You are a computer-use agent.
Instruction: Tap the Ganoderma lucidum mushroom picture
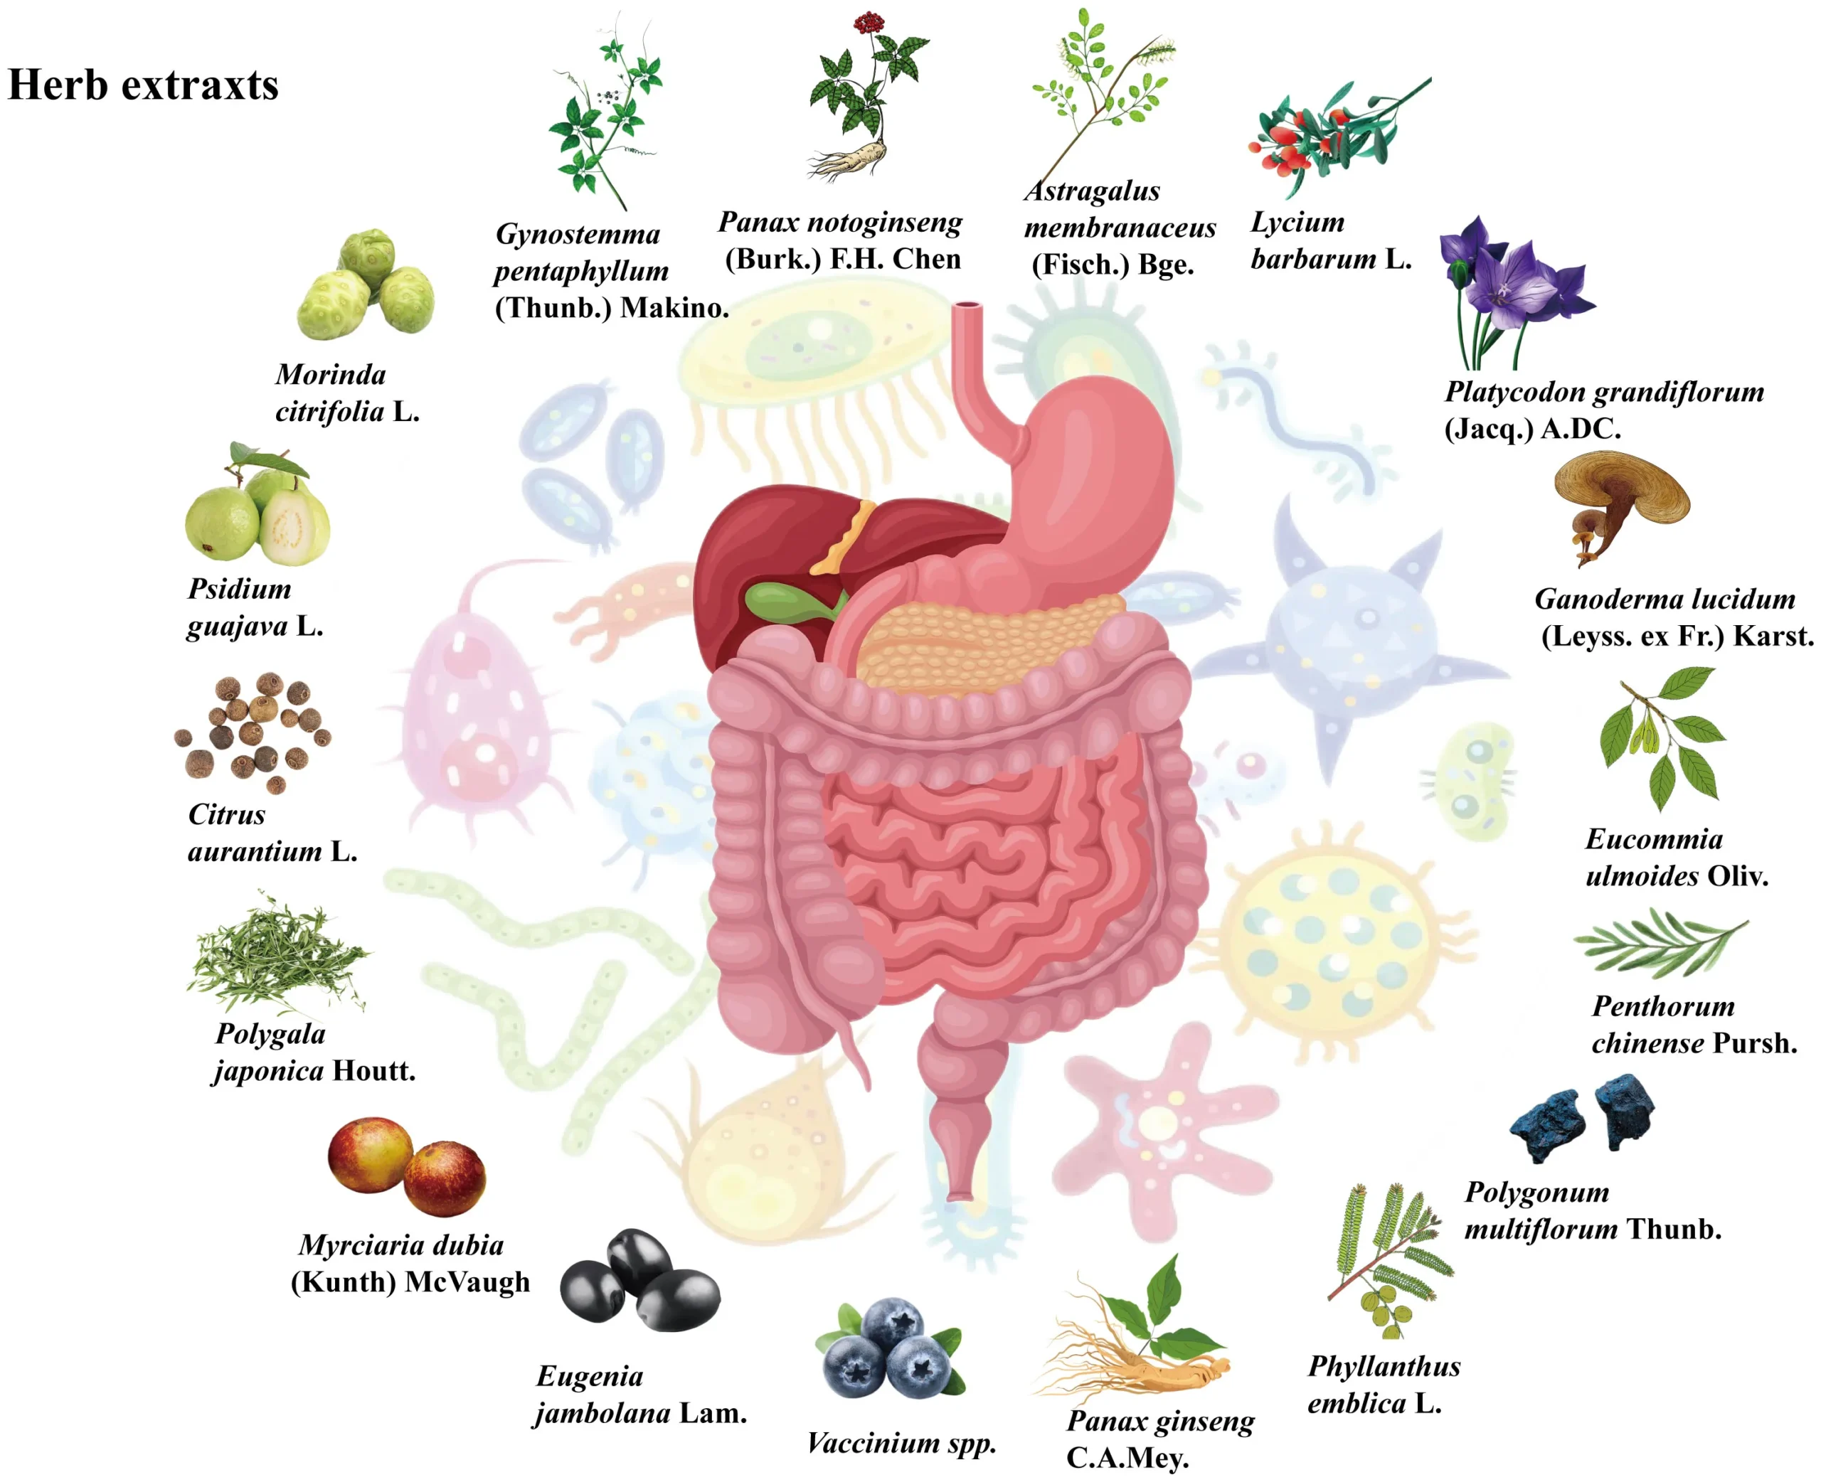click(x=1620, y=503)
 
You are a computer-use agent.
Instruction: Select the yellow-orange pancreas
click(x=982, y=640)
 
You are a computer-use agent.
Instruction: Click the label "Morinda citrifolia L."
click(x=346, y=393)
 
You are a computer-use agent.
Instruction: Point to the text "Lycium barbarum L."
click(x=1330, y=240)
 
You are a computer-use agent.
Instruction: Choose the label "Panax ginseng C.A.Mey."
click(x=1159, y=1439)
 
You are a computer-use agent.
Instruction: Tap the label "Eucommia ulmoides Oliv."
click(x=1676, y=857)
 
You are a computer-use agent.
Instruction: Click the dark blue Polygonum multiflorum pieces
click(x=1582, y=1119)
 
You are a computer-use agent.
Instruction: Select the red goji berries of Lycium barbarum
click(x=1297, y=141)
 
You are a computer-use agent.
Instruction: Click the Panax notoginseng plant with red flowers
click(x=866, y=95)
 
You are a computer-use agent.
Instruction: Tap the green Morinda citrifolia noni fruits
click(x=366, y=284)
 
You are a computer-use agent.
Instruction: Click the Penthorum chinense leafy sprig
click(x=1660, y=942)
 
